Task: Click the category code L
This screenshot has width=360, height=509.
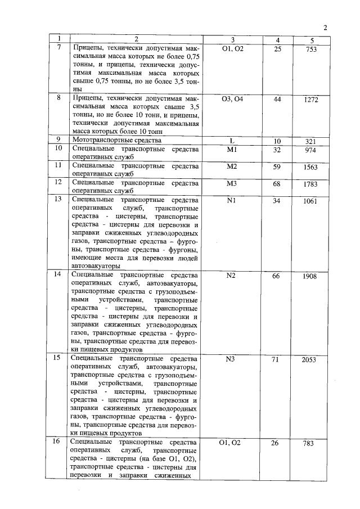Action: point(232,141)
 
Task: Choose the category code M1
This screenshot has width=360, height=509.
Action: point(232,150)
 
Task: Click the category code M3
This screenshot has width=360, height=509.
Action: point(232,184)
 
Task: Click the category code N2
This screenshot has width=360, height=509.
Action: point(232,276)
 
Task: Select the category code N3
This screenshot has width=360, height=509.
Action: point(232,359)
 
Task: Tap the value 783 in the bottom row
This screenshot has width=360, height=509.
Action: point(308,444)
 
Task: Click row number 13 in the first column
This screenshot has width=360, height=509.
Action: point(57,199)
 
